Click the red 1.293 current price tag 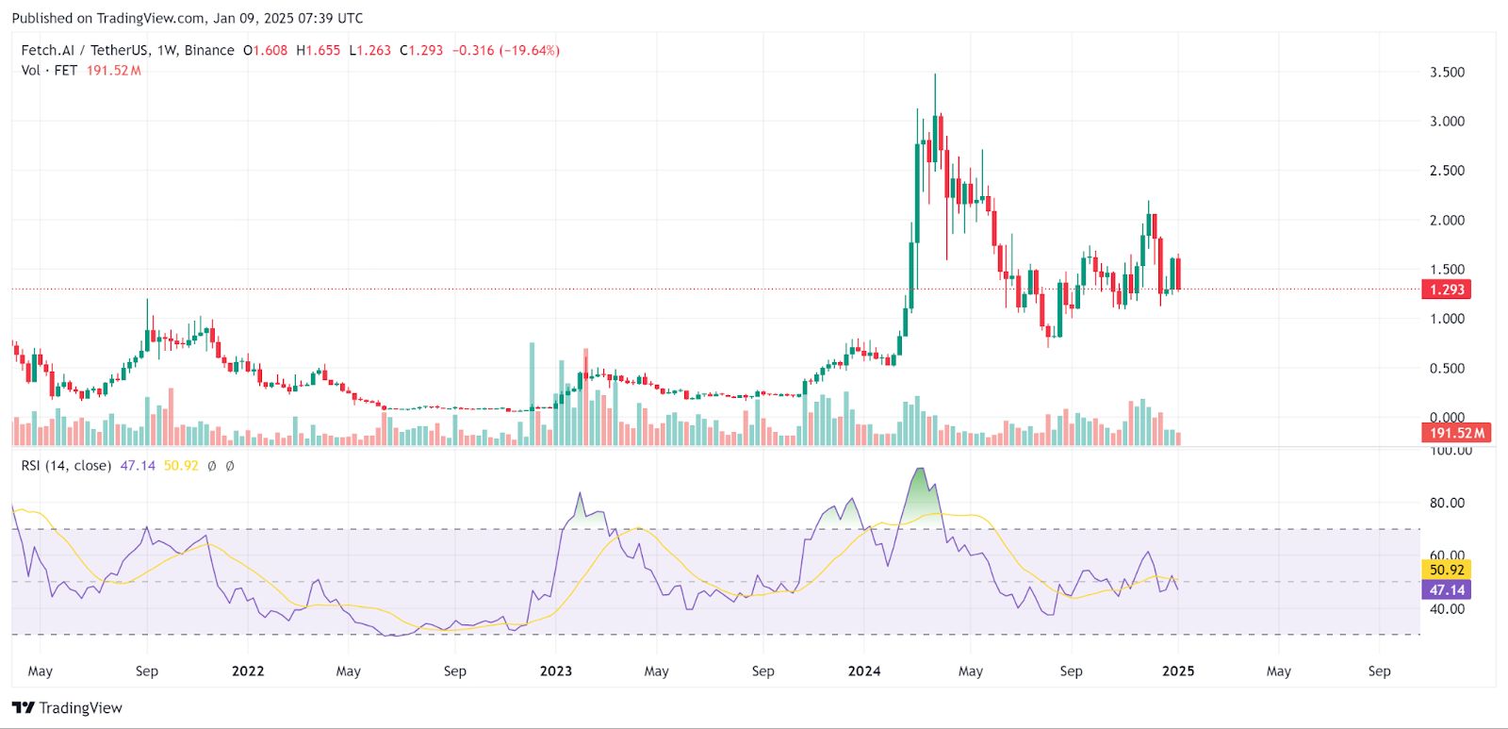pos(1447,290)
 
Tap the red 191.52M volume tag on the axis pos(1456,433)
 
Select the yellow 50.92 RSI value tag pos(1447,570)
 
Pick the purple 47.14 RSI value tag pos(1447,590)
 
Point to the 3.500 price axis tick pos(1447,73)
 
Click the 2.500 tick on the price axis pos(1447,171)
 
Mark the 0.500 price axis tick pos(1447,369)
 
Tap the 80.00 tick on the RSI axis pos(1447,503)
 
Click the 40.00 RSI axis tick pos(1447,609)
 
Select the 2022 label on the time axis pos(248,671)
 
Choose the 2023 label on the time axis pos(556,671)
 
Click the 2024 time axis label pos(864,671)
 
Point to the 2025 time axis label pos(1178,671)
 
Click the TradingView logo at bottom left pos(68,708)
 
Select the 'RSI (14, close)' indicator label pos(66,466)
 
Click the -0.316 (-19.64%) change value pos(506,51)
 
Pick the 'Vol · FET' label pos(49,71)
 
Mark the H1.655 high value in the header pos(319,51)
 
